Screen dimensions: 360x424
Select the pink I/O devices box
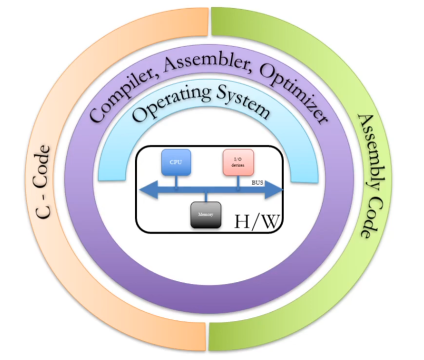coord(238,162)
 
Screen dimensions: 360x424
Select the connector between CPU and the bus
coord(176,179)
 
